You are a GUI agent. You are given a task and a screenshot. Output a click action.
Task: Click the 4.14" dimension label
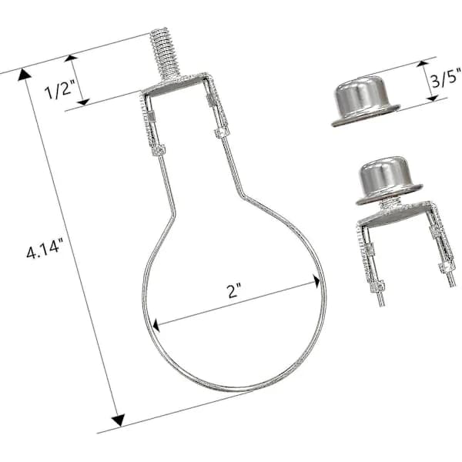click(x=45, y=249)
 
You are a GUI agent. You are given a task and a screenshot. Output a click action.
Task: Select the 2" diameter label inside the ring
click(x=235, y=291)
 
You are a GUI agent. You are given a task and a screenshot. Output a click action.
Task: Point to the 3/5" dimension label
click(x=446, y=78)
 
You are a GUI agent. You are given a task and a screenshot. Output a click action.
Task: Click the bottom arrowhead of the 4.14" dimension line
click(x=118, y=420)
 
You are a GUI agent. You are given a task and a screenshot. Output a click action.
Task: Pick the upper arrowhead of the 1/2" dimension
click(x=71, y=58)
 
